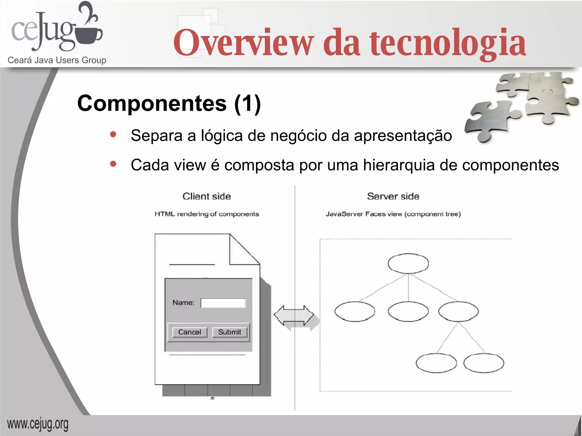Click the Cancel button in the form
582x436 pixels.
(190, 332)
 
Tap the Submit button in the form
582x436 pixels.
(230, 332)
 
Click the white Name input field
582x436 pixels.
(223, 303)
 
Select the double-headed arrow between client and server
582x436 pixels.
(294, 315)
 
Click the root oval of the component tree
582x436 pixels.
(408, 263)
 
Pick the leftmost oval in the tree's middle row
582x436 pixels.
(355, 311)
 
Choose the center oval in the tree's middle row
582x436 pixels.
(408, 311)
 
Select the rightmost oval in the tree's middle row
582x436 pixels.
(458, 311)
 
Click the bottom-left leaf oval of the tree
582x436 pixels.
(436, 363)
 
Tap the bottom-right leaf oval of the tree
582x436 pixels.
(484, 363)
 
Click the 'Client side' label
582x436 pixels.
(207, 196)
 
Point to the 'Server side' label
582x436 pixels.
(393, 196)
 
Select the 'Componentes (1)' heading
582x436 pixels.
(169, 103)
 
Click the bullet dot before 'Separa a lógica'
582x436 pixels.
(113, 135)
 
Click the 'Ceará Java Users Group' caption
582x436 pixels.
(57, 60)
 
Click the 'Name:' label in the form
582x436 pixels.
(184, 303)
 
